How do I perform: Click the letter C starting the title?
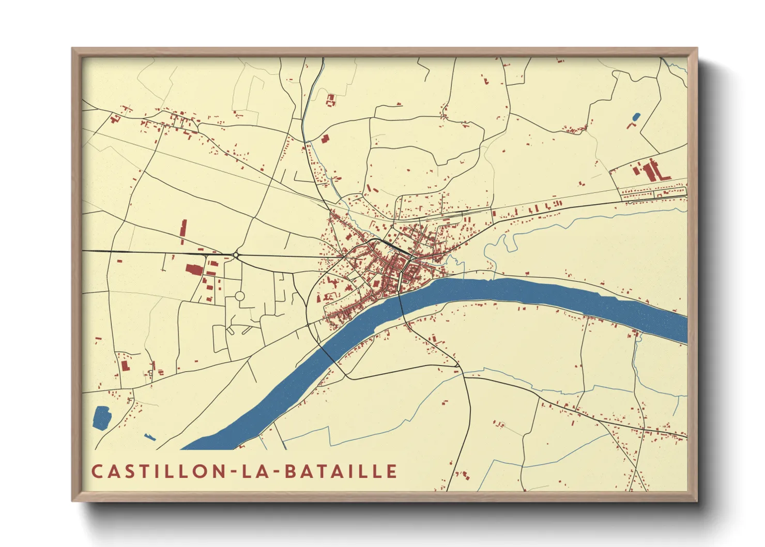tap(97, 471)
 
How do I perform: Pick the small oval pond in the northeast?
tap(636, 117)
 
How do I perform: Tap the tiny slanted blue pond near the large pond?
tap(150, 437)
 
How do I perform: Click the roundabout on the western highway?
tap(236, 254)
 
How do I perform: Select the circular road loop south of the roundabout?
tap(240, 296)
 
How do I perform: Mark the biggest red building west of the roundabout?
tap(194, 269)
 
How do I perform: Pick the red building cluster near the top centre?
tap(330, 99)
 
